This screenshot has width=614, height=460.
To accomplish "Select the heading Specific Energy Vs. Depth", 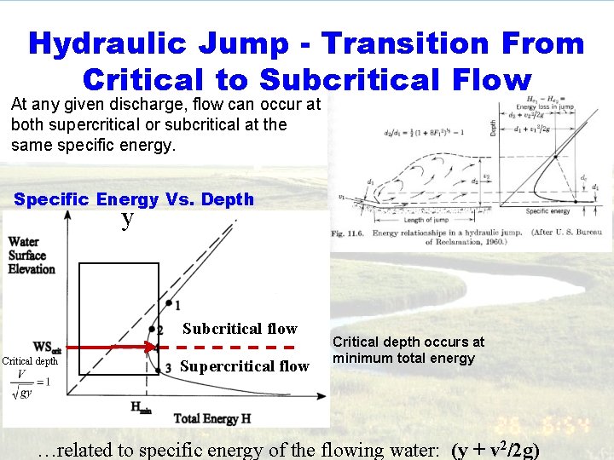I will point(134,199).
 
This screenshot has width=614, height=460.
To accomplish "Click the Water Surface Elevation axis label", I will point(32,256).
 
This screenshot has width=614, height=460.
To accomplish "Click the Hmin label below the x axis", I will point(142,407).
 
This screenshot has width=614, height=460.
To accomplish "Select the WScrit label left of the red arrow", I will point(46,347).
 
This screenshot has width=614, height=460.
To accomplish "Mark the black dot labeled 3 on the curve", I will point(159,367).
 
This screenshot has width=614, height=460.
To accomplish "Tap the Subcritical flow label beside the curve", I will point(240,329).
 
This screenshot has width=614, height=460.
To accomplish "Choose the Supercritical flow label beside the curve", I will point(245,366).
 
